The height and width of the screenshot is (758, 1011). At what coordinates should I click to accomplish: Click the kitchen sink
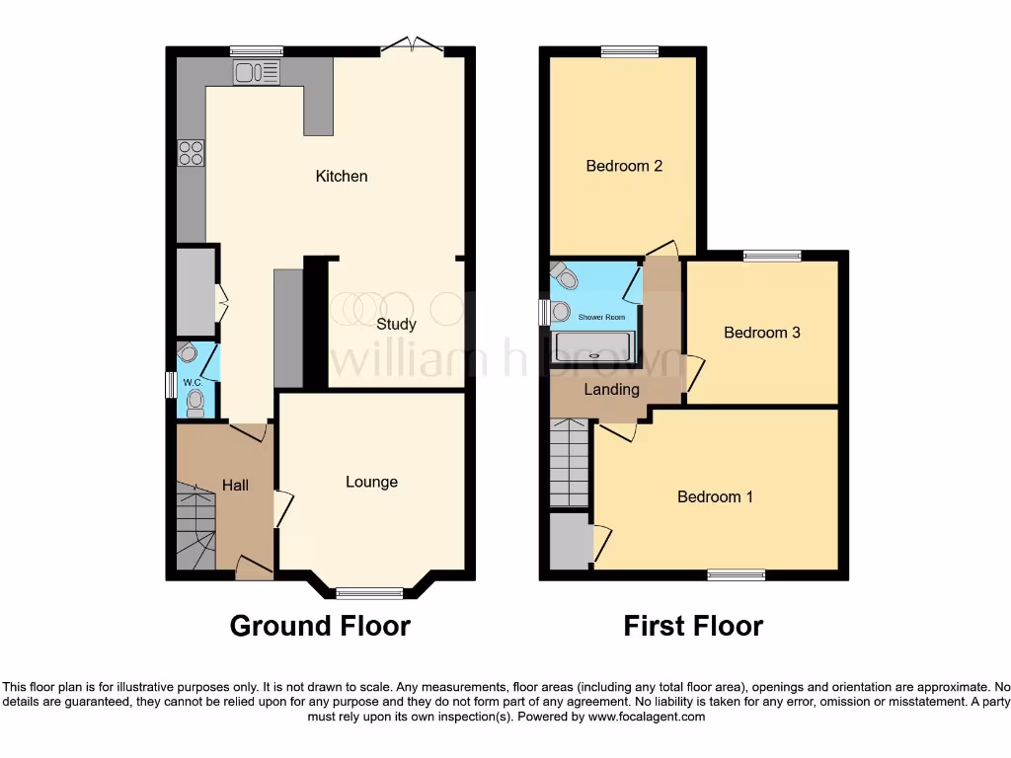pyautogui.click(x=257, y=72)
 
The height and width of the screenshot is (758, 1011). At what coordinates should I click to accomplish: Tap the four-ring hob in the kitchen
pyautogui.click(x=191, y=153)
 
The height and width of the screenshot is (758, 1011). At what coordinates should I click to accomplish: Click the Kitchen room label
pyautogui.click(x=342, y=177)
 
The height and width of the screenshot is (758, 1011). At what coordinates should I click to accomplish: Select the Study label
pyautogui.click(x=396, y=324)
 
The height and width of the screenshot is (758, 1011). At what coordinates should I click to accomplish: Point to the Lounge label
pyautogui.click(x=371, y=482)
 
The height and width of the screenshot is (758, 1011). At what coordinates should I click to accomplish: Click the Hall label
pyautogui.click(x=235, y=485)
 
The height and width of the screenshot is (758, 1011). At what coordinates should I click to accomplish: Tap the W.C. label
pyautogui.click(x=193, y=382)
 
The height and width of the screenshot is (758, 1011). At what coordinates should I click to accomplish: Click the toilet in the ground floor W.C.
pyautogui.click(x=195, y=401)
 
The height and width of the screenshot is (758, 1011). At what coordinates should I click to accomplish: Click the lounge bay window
pyautogui.click(x=369, y=593)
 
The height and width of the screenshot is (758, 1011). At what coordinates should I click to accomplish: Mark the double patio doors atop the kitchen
pyautogui.click(x=413, y=44)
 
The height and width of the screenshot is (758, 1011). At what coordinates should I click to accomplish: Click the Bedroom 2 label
pyautogui.click(x=624, y=166)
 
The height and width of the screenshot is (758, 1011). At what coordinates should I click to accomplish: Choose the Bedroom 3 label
pyautogui.click(x=761, y=333)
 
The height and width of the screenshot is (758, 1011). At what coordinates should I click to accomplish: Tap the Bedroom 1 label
pyautogui.click(x=715, y=496)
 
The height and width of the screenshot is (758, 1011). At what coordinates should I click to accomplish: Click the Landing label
pyautogui.click(x=611, y=389)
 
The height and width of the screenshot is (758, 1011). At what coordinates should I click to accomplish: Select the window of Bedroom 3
pyautogui.click(x=772, y=256)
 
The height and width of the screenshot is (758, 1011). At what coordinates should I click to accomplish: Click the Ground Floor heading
pyautogui.click(x=320, y=626)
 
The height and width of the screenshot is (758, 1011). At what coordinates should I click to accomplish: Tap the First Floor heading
pyautogui.click(x=693, y=626)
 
